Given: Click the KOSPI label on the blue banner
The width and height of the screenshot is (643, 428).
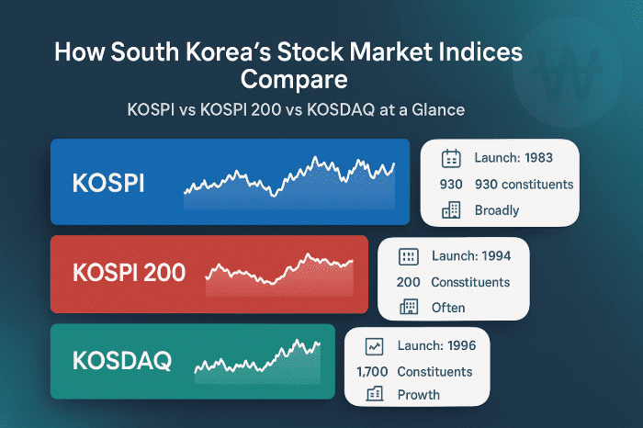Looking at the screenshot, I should (x=108, y=182).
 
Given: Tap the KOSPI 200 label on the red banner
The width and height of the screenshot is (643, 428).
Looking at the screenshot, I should (x=129, y=272).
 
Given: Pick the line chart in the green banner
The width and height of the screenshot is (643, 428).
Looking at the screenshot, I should (x=258, y=360).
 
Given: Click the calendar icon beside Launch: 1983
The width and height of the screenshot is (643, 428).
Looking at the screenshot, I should (x=451, y=159).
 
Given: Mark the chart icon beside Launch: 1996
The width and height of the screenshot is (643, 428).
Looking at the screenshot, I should (x=374, y=347).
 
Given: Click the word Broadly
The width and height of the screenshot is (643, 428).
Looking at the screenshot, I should (x=497, y=210).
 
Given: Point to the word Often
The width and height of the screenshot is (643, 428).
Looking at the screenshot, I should (x=448, y=308).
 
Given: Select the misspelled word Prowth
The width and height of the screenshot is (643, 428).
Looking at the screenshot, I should (x=419, y=395).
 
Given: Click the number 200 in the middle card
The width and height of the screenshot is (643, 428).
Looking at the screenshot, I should (x=408, y=282).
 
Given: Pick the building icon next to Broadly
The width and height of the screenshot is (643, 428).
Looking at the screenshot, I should (x=451, y=210).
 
